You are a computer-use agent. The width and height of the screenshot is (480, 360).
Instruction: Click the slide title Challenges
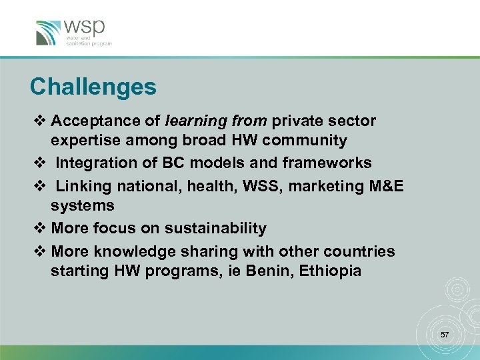pos(93,87)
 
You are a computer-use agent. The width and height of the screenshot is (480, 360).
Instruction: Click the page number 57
pos(444,334)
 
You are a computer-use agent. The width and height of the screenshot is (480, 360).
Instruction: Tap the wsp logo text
pos(85,29)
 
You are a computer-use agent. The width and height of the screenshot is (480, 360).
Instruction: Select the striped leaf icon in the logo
pos(49,33)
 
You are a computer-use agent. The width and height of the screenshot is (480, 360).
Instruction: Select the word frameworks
pos(327,163)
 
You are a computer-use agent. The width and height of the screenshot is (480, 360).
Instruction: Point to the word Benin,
pos(273,271)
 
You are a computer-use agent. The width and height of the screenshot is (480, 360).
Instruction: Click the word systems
pos(83,206)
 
